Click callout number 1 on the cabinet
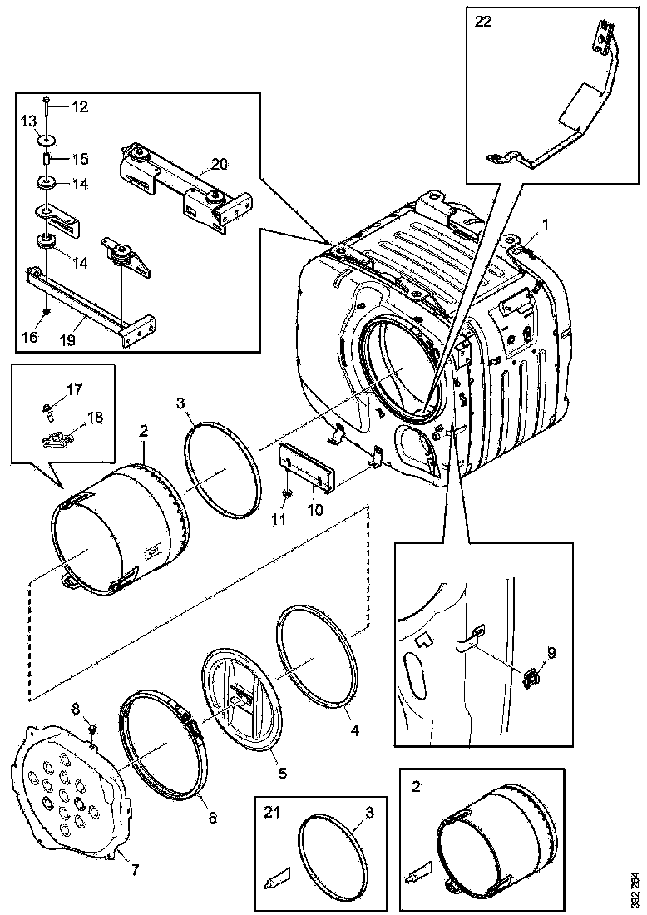[546, 224]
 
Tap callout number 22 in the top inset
[482, 22]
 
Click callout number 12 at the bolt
[79, 106]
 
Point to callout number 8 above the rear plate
[77, 709]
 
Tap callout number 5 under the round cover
[282, 774]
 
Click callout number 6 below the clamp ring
[212, 819]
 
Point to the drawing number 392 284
[635, 887]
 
